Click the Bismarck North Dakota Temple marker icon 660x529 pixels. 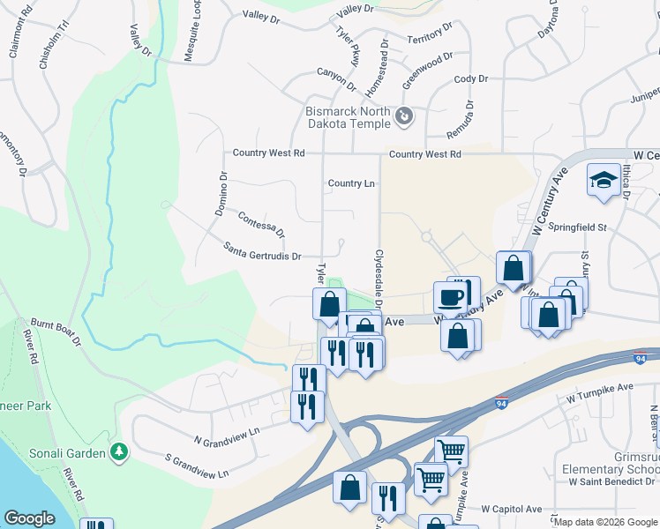404,115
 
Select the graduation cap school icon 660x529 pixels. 603,180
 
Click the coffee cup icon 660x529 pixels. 450,296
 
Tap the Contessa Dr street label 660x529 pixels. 261,226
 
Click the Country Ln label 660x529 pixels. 351,183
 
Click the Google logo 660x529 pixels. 30,518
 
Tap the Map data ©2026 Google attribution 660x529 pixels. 605,522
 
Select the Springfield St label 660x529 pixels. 578,227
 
